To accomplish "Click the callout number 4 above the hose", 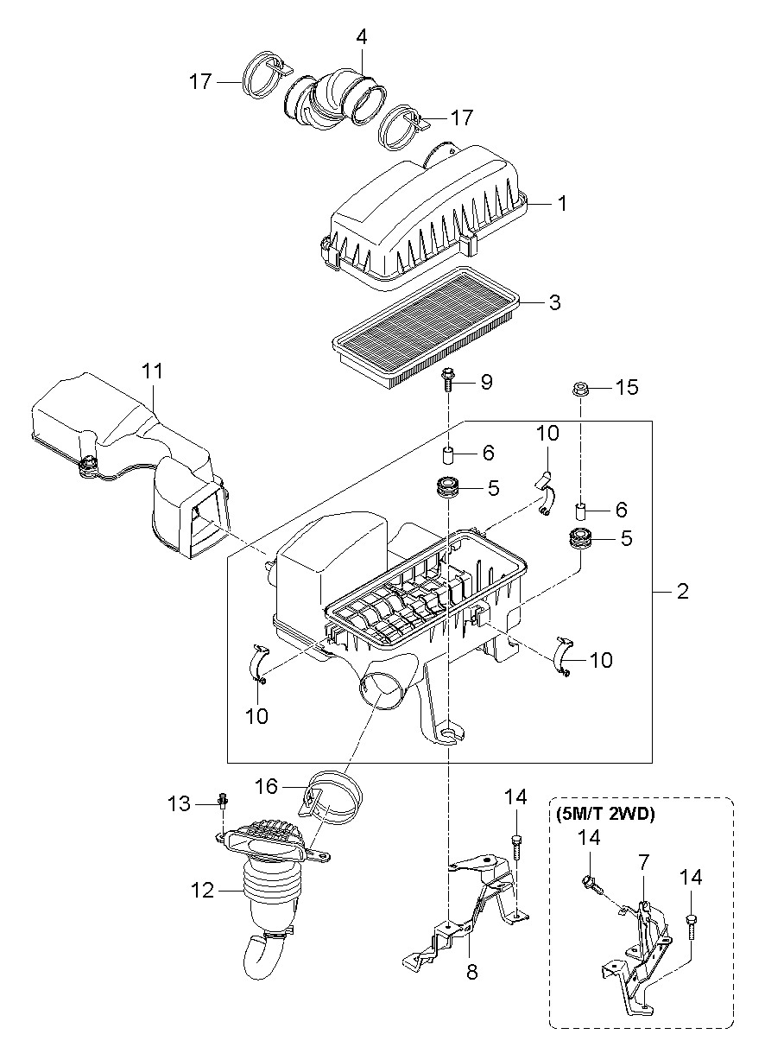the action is coord(361,36).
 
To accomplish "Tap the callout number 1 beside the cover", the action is coord(563,203).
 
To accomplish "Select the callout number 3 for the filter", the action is coord(554,302).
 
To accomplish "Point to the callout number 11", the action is coord(152,371).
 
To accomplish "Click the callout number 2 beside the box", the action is coord(683,592).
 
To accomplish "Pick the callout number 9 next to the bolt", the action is coord(486,382).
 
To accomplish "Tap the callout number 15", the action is coord(627,387).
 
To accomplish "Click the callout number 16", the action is coord(267,786).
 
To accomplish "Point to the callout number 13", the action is coord(180,804).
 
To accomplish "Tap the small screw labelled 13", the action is coord(224,801).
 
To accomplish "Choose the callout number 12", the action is coord(202,891).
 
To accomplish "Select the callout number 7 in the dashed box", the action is coord(644,862).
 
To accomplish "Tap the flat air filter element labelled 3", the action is coord(427,325).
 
